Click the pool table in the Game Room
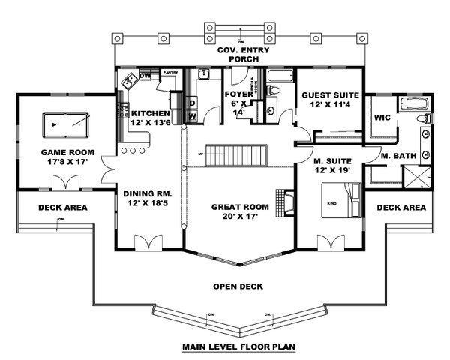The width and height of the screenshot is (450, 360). [x=66, y=121]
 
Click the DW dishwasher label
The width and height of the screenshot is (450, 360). [x=145, y=76]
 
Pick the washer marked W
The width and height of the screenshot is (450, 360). [x=192, y=115]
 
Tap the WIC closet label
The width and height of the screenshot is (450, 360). [x=382, y=118]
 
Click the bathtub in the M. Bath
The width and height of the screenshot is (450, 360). [x=413, y=103]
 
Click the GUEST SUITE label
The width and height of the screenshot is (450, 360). [x=329, y=95]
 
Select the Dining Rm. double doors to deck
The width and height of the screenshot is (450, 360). [x=147, y=241]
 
